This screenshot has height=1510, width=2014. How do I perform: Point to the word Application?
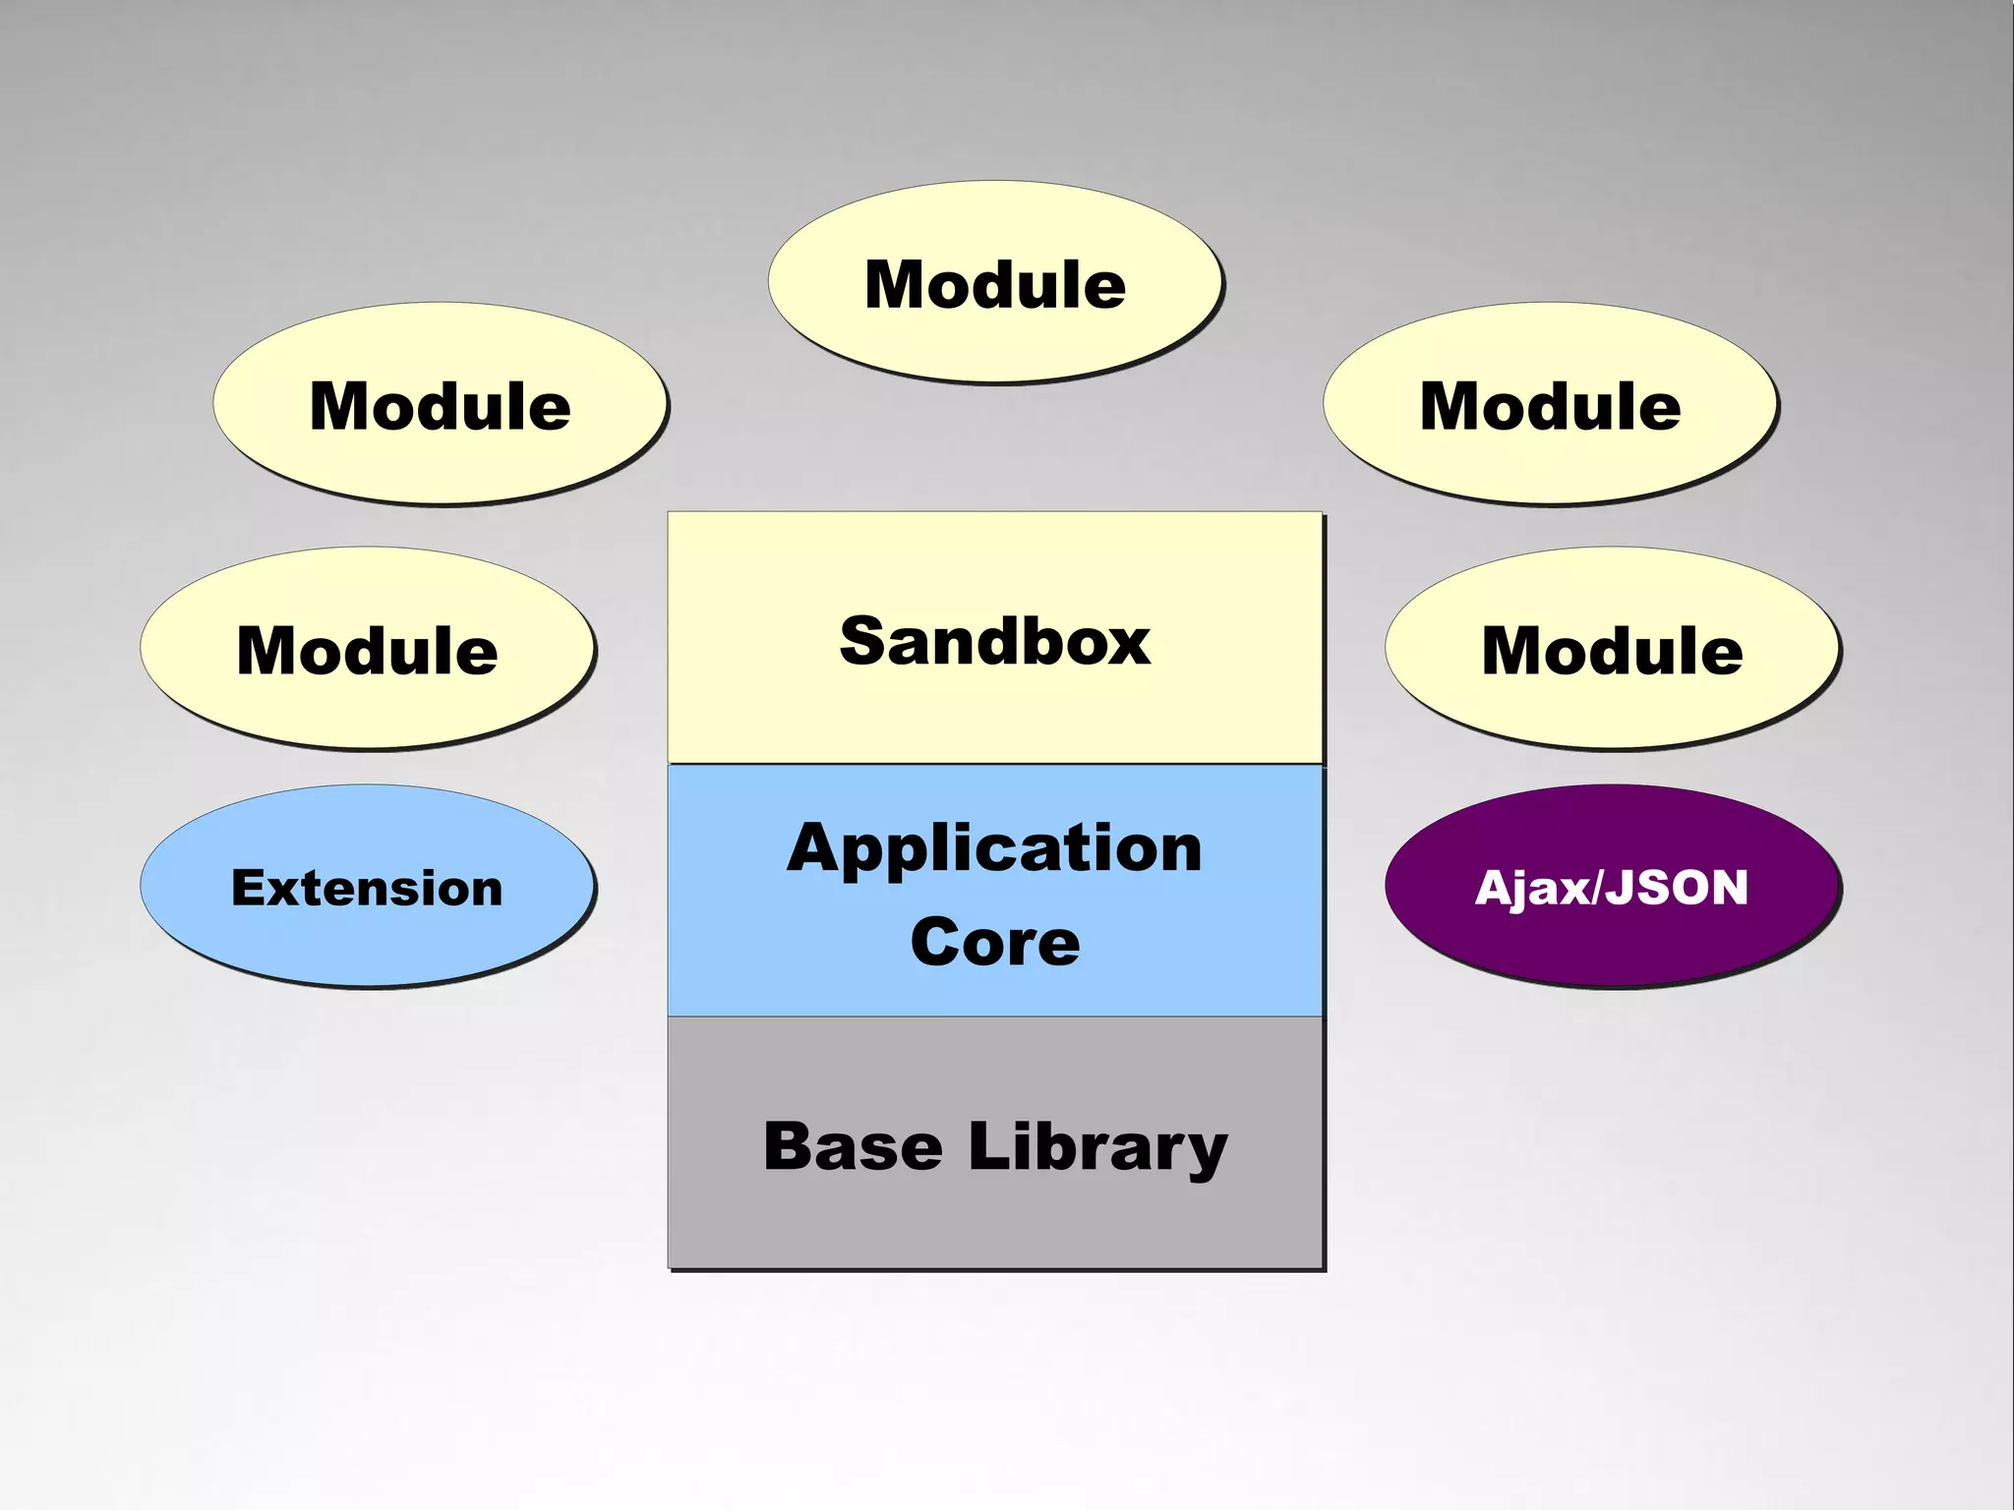point(994,848)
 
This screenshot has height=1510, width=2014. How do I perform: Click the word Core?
point(995,942)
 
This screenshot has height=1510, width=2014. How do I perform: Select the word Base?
point(853,1146)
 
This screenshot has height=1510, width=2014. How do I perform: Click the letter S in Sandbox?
point(864,641)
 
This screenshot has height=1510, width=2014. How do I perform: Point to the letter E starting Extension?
point(247,888)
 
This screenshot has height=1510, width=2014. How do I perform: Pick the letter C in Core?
point(933,942)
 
